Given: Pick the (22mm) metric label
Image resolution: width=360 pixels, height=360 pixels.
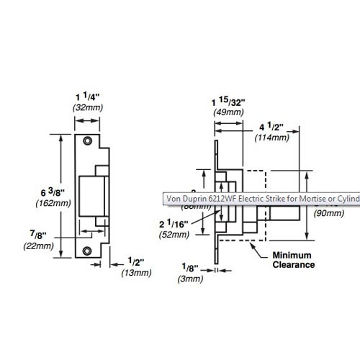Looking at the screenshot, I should pyautogui.click(x=44, y=246).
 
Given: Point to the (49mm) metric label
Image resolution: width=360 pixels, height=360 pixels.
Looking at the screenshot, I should pyautogui.click(x=228, y=113).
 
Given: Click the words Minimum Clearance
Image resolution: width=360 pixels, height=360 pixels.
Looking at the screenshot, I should pyautogui.click(x=292, y=260).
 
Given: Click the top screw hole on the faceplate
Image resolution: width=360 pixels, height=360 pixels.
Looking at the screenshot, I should pyautogui.click(x=87, y=140).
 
